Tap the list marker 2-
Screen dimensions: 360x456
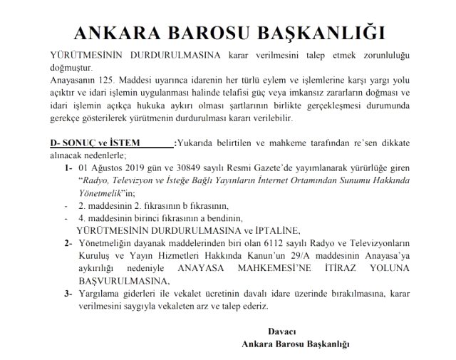(68, 245)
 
